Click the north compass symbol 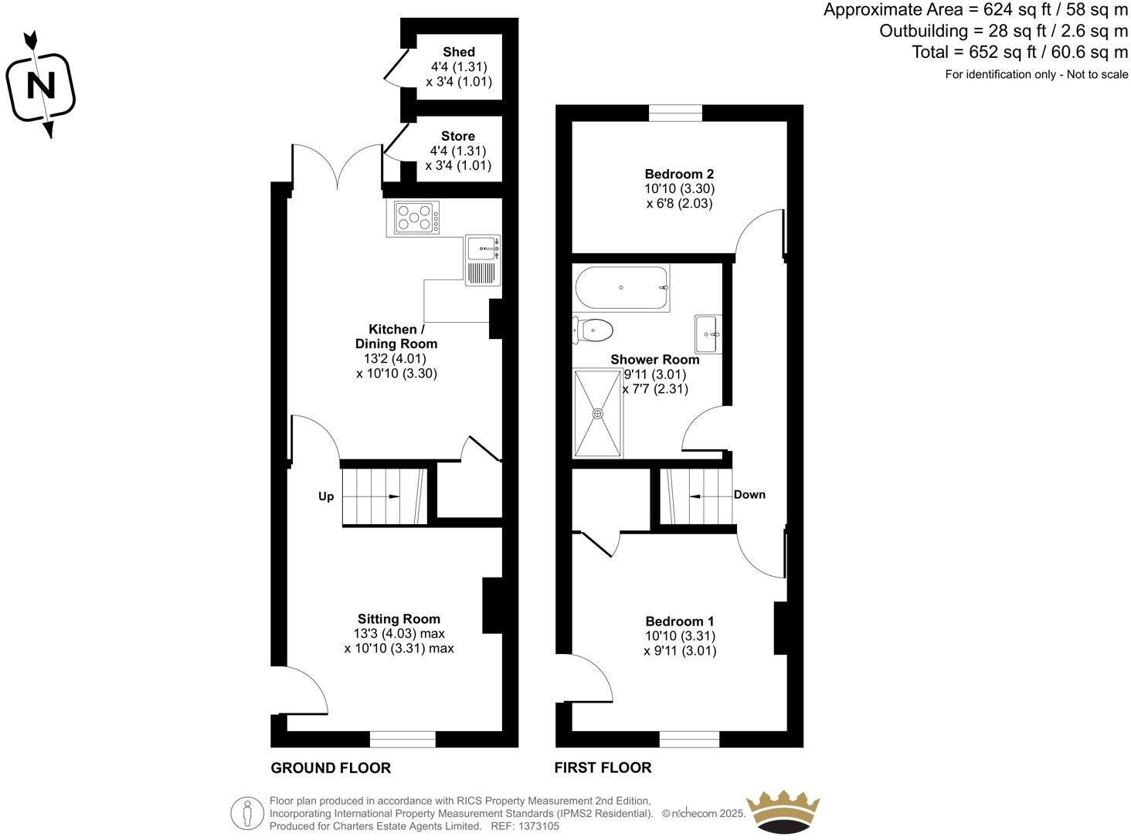pyautogui.click(x=40, y=85)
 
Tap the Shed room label pyautogui.click(x=459, y=52)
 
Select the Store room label pyautogui.click(x=458, y=136)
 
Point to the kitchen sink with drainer pyautogui.click(x=483, y=261)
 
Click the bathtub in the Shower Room pyautogui.click(x=621, y=288)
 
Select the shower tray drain pyautogui.click(x=597, y=413)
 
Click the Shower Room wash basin pyautogui.click(x=708, y=334)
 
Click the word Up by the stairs pyautogui.click(x=326, y=496)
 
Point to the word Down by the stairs pyautogui.click(x=749, y=495)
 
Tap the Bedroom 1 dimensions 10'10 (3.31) pyautogui.click(x=680, y=636)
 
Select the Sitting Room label pyautogui.click(x=399, y=618)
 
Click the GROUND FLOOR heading pyautogui.click(x=331, y=768)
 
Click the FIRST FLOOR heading pyautogui.click(x=603, y=768)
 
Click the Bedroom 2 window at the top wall pyautogui.click(x=676, y=113)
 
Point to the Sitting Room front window pyautogui.click(x=402, y=739)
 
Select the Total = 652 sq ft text pyautogui.click(x=1020, y=52)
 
